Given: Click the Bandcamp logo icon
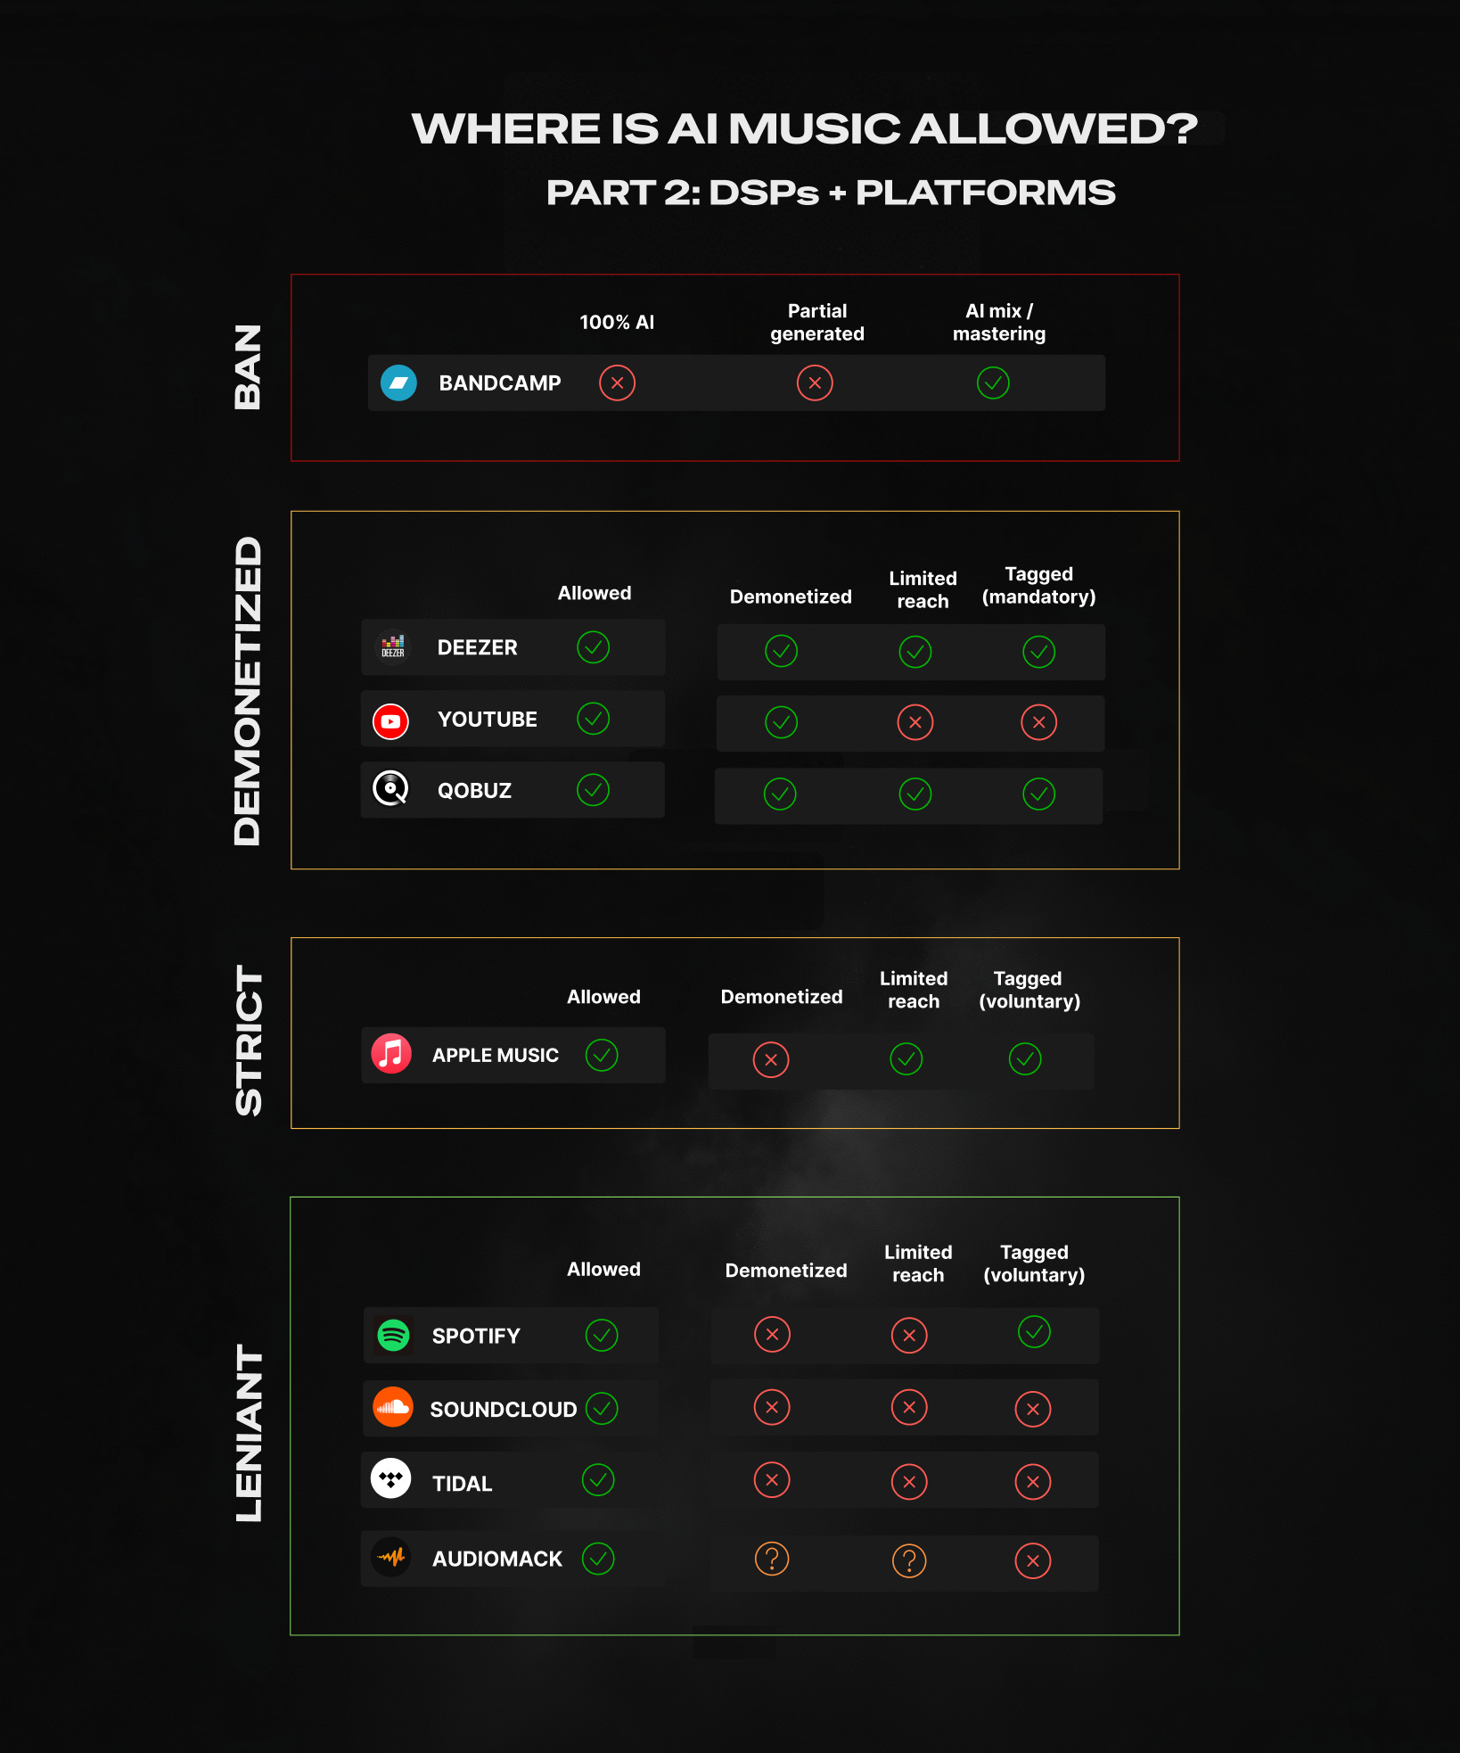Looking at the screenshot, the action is pos(398,383).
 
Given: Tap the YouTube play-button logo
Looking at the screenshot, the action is pos(390,721).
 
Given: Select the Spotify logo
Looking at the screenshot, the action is pos(393,1335).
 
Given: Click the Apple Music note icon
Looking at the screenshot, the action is pos(391,1054).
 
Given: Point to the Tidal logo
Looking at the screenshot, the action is pos(390,1479).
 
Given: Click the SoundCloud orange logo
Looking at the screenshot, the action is pos(393,1407).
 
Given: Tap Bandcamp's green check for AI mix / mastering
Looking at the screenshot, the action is pos(993,383).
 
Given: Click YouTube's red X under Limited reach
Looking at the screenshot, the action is pos(915,722).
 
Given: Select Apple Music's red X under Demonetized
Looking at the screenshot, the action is pos(771,1060).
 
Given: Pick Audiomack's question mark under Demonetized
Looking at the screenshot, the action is pos(772,1559).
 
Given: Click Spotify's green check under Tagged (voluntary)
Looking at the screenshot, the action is pos(1034,1332).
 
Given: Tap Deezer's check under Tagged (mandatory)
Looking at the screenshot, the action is pos(1039,652).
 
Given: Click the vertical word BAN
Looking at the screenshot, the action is pos(248,367).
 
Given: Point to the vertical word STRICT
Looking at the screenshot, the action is pos(249,1041).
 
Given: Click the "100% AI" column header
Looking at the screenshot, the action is pos(617,323).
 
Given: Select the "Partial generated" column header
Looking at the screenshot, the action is pos(817,322).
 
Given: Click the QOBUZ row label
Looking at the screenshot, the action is pos(474,791).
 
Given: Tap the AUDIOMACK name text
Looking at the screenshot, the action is pos(497,1559).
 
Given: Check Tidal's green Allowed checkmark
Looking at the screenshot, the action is pos(598,1480).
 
